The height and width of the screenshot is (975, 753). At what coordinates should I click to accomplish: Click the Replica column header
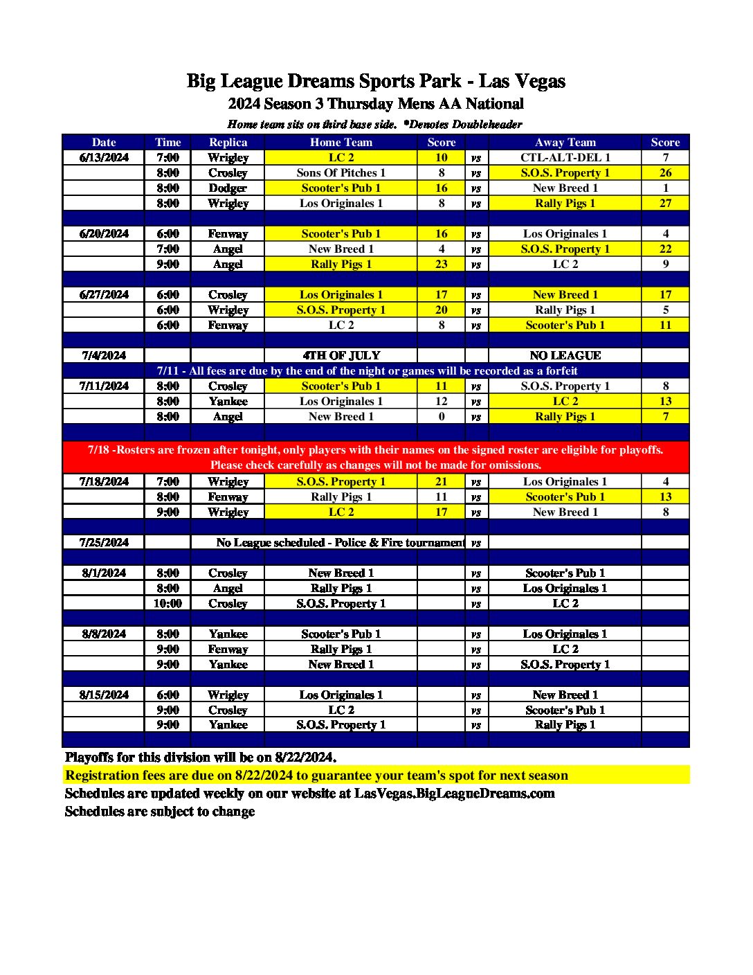click(x=228, y=142)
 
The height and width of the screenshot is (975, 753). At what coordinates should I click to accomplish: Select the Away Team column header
click(x=565, y=142)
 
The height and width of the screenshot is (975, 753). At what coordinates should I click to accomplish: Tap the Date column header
click(x=104, y=142)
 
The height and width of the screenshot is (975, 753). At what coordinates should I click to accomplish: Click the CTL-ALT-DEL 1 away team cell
click(x=565, y=157)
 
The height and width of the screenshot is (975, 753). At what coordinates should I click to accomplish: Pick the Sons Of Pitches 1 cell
click(x=341, y=172)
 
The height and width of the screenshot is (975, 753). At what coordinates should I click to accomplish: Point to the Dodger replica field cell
click(x=228, y=188)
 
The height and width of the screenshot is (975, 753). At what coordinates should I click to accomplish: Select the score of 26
click(x=665, y=172)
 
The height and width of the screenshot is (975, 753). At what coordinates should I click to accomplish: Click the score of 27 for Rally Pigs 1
click(x=665, y=203)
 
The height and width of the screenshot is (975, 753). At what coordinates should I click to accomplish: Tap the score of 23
click(x=441, y=264)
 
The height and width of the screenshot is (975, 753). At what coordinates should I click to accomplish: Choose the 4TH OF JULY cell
click(x=341, y=355)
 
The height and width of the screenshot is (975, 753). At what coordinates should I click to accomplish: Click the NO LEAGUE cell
click(x=565, y=355)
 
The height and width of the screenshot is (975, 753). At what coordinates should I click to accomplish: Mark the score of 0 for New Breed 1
click(x=441, y=416)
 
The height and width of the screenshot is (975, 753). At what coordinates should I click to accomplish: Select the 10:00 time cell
click(x=167, y=603)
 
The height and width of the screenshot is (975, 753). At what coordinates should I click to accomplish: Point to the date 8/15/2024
click(x=104, y=695)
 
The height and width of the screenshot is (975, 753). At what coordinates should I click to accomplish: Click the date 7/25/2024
click(x=104, y=542)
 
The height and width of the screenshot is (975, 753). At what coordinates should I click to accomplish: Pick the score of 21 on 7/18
click(x=441, y=481)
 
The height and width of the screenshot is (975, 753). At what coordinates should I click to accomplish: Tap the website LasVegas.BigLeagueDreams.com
click(x=454, y=794)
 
